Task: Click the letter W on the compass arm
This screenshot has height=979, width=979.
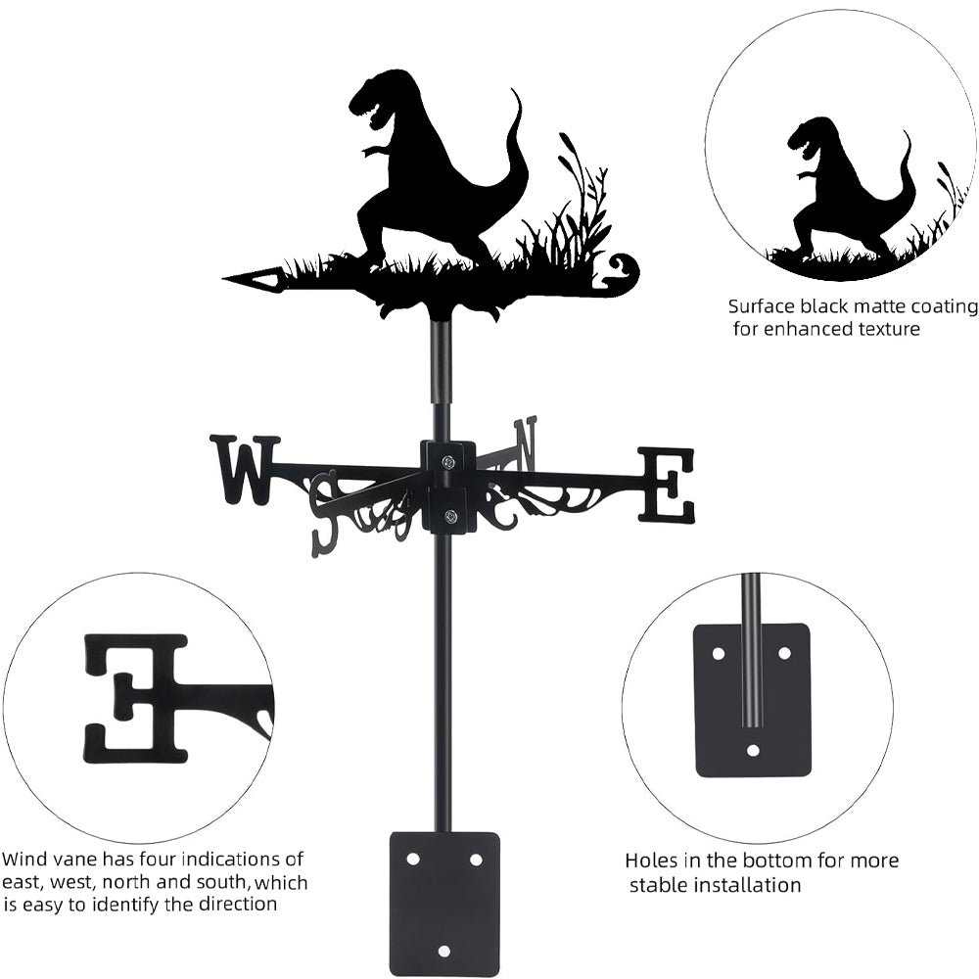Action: point(244,469)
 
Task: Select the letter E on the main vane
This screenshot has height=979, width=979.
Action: point(667,484)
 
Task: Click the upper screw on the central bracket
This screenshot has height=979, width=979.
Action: point(447,462)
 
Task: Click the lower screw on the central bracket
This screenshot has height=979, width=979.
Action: point(449,517)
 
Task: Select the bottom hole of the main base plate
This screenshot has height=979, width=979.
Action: point(444,951)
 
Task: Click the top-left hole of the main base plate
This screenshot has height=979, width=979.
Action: point(412,859)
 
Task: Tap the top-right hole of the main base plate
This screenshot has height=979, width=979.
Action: point(476,859)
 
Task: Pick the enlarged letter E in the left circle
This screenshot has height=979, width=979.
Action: point(137,697)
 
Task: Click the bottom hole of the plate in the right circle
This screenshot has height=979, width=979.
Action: point(752,751)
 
